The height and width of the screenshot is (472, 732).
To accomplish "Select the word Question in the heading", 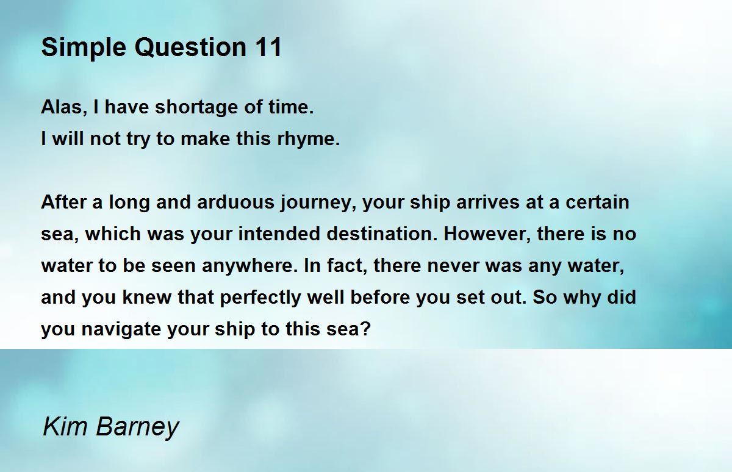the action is pos(190,48).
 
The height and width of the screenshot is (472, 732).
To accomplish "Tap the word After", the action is pos(63,202).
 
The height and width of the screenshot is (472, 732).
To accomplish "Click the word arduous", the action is pos(235,202).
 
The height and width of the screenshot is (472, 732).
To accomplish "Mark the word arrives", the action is pos(487,202).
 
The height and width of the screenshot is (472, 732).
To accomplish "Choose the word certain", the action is pos(597,202).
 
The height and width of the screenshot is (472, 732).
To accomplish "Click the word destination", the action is pos(382,234).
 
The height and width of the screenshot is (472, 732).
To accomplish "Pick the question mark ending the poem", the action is pos(365,328).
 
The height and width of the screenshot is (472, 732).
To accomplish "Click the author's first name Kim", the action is pos(65,426).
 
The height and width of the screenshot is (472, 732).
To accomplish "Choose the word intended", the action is pos(279,234).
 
